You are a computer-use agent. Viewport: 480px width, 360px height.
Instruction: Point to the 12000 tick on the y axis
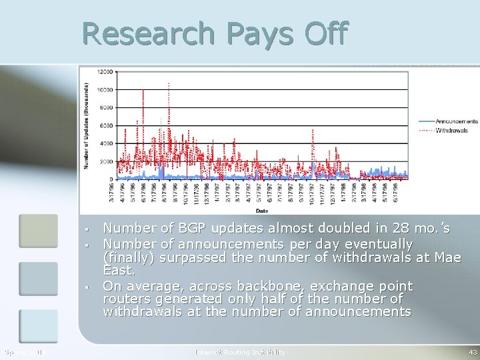(x=105, y=72)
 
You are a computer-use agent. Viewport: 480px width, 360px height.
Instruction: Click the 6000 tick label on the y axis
(x=106, y=126)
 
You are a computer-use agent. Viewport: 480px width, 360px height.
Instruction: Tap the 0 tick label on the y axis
(x=111, y=179)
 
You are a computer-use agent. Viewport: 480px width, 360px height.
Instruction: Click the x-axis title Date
(x=262, y=210)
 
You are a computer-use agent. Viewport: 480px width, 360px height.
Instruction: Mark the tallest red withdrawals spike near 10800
(x=169, y=85)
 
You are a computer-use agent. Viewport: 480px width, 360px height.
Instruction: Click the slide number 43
(x=472, y=352)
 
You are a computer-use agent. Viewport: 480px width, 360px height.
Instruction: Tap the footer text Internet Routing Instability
(x=240, y=352)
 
